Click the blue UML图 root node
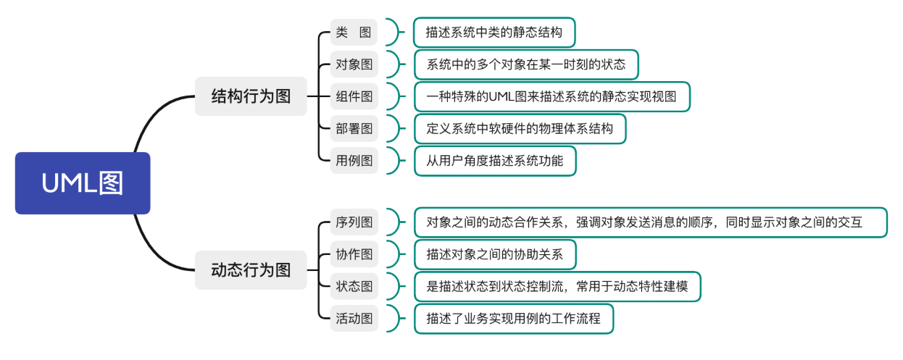pos(82,183)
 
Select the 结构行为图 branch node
pos(251,96)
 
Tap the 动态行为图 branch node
pos(251,270)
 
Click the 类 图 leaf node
pos(354,33)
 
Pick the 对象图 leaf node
pos(354,64)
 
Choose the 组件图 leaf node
pos(354,96)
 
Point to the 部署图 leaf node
pos(354,128)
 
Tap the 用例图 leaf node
pos(354,160)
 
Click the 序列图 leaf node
pos(354,222)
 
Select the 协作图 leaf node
pos(354,254)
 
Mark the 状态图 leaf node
pos(354,286)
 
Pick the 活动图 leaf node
pos(354,318)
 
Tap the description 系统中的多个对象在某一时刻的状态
pos(526,64)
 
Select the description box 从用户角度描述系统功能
pos(494,160)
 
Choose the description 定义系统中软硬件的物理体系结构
pos(520,128)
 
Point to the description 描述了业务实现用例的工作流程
pos(513,318)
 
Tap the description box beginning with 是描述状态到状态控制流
pos(557,286)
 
